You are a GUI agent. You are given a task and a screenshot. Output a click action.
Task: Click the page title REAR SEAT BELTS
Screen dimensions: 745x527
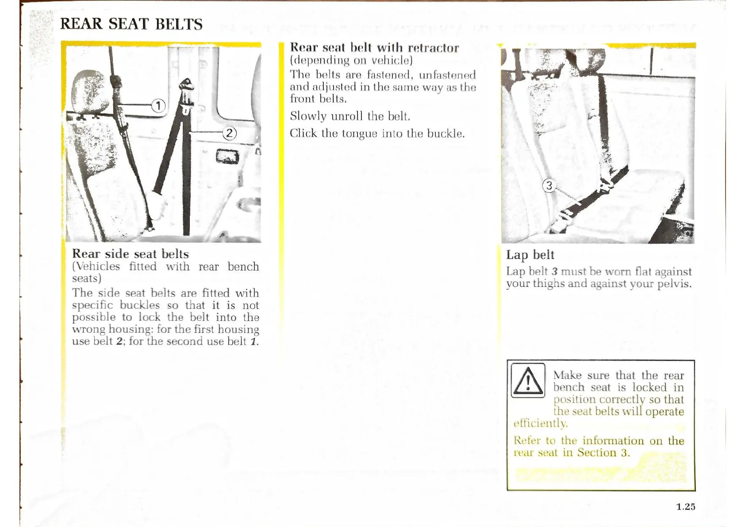[x=131, y=23]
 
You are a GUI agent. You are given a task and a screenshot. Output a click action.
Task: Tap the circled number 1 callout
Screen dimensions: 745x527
[x=158, y=105]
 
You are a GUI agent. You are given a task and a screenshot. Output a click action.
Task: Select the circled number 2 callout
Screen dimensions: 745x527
[x=229, y=133]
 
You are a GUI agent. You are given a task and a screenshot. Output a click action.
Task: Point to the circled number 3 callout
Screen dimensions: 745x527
[x=549, y=186]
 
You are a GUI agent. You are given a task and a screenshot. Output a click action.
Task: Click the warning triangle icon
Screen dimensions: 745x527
[x=528, y=380]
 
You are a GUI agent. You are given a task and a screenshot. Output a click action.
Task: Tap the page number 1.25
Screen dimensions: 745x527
[x=685, y=507]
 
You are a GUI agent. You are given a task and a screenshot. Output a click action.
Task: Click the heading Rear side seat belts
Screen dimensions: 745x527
[x=131, y=254]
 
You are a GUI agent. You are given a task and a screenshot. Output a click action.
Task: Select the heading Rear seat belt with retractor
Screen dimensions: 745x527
[x=374, y=47]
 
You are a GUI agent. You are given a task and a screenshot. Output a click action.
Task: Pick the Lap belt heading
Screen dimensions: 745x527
[x=530, y=255]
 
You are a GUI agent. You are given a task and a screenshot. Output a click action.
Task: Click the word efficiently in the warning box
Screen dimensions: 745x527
[x=540, y=423]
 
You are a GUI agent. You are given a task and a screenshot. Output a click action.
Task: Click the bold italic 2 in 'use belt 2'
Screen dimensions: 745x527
[x=119, y=341]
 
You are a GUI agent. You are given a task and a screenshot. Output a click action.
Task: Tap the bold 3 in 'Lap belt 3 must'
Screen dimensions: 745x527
[x=554, y=271]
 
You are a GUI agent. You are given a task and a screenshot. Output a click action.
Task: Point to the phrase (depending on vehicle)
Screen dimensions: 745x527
[x=351, y=60]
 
